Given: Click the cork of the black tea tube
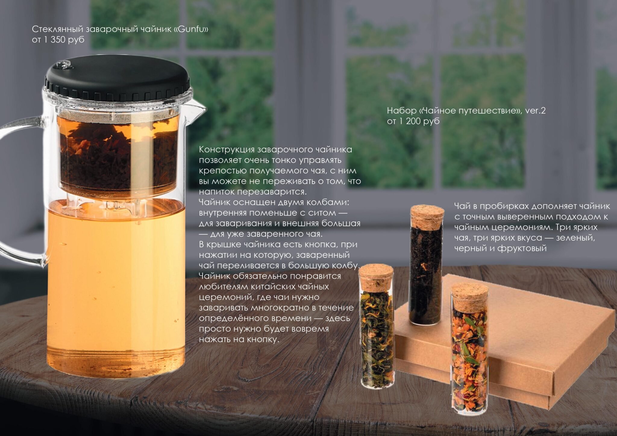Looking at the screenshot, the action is tap(427, 216).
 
